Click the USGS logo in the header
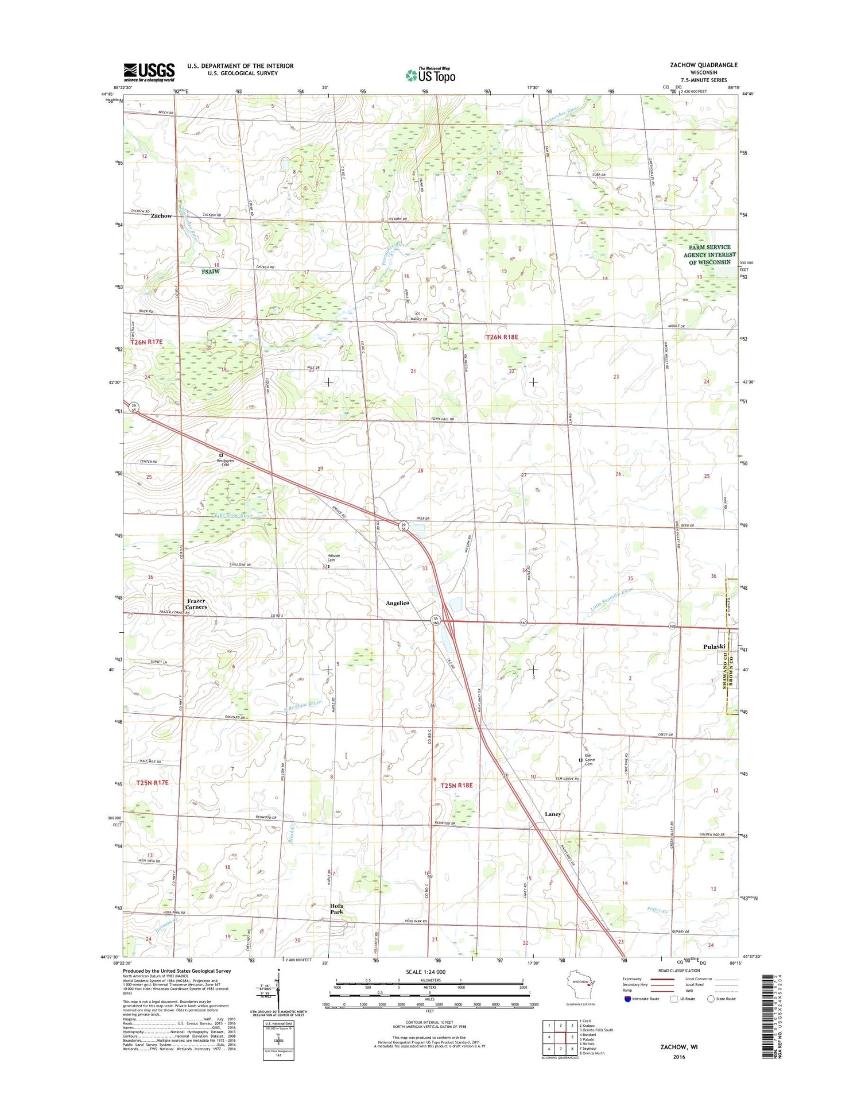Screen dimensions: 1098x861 point(149,72)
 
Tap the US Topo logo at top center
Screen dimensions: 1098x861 point(430,75)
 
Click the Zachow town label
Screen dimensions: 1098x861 point(161,216)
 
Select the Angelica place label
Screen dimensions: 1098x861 point(397,603)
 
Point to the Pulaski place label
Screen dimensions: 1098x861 point(714,647)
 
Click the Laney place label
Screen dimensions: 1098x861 point(553,814)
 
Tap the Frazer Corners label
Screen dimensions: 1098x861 point(196,604)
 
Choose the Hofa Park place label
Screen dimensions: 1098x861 point(336,908)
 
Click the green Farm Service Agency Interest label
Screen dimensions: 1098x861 point(709,254)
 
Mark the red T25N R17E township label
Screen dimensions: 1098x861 point(153,782)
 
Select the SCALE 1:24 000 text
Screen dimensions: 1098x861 point(425,972)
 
